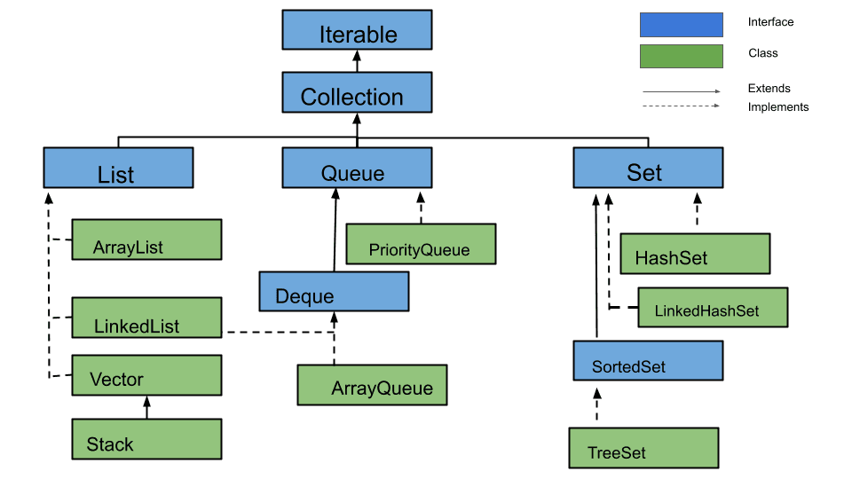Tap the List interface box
[x=118, y=168]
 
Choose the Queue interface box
[x=357, y=168]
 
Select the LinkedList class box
[x=146, y=318]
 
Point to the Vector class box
[x=146, y=375]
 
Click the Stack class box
[x=146, y=439]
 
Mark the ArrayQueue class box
[x=372, y=384]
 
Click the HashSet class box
[x=695, y=254]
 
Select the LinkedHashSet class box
[x=712, y=307]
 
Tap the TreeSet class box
[x=643, y=448]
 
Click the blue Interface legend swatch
[x=681, y=24]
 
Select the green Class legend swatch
[x=681, y=56]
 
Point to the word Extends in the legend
[x=769, y=89]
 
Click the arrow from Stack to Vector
[x=146, y=407]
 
